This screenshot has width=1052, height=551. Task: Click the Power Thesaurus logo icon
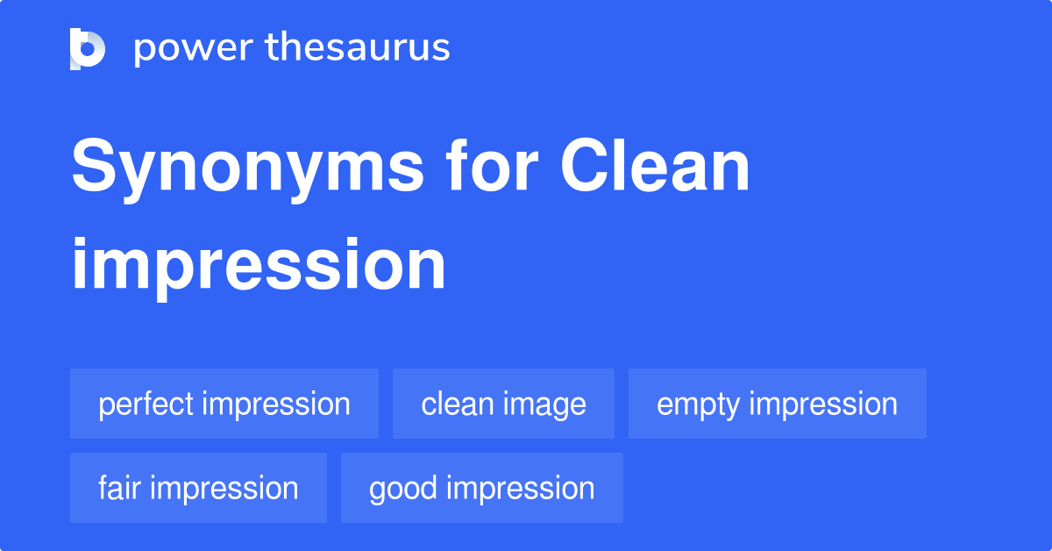click(88, 48)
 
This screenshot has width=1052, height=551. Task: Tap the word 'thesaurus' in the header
click(358, 48)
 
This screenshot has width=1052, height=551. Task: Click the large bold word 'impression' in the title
click(259, 265)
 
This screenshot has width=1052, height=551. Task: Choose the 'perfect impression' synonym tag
click(224, 404)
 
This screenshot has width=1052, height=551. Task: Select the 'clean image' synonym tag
click(503, 404)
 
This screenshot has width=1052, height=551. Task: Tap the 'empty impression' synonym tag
click(777, 404)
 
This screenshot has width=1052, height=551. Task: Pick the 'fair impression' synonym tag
click(198, 488)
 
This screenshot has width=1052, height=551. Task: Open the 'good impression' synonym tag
click(481, 488)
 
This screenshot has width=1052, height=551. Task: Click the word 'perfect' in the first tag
click(146, 404)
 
